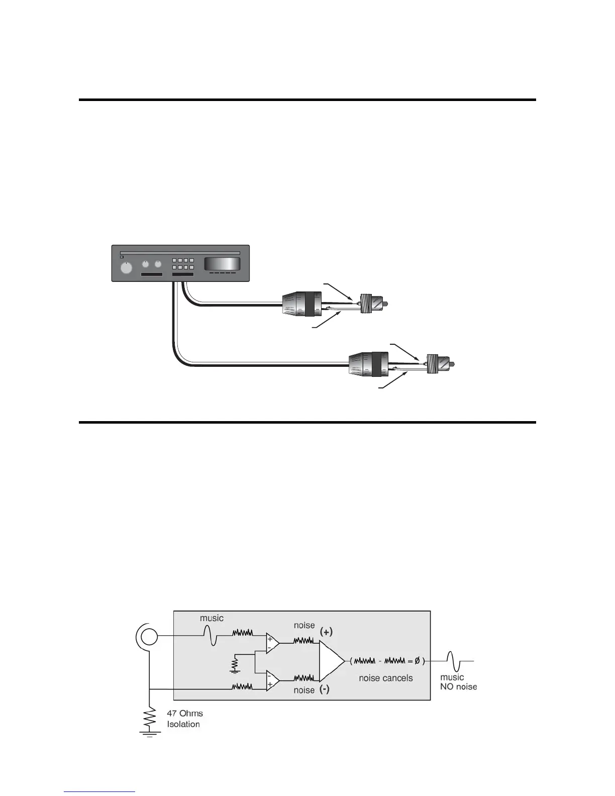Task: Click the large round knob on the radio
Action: pyautogui.click(x=127, y=268)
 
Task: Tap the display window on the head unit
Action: pyautogui.click(x=221, y=264)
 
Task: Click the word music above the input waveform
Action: pyautogui.click(x=212, y=618)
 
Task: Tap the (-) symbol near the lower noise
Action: pyautogui.click(x=325, y=689)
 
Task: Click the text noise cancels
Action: pyautogui.click(x=385, y=678)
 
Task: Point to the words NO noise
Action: pyautogui.click(x=458, y=686)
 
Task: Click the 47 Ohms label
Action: pyautogui.click(x=185, y=713)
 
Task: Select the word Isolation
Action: pyautogui.click(x=183, y=724)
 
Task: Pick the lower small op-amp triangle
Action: pyautogui.click(x=272, y=680)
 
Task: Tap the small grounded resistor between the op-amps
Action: pyautogui.click(x=234, y=664)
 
